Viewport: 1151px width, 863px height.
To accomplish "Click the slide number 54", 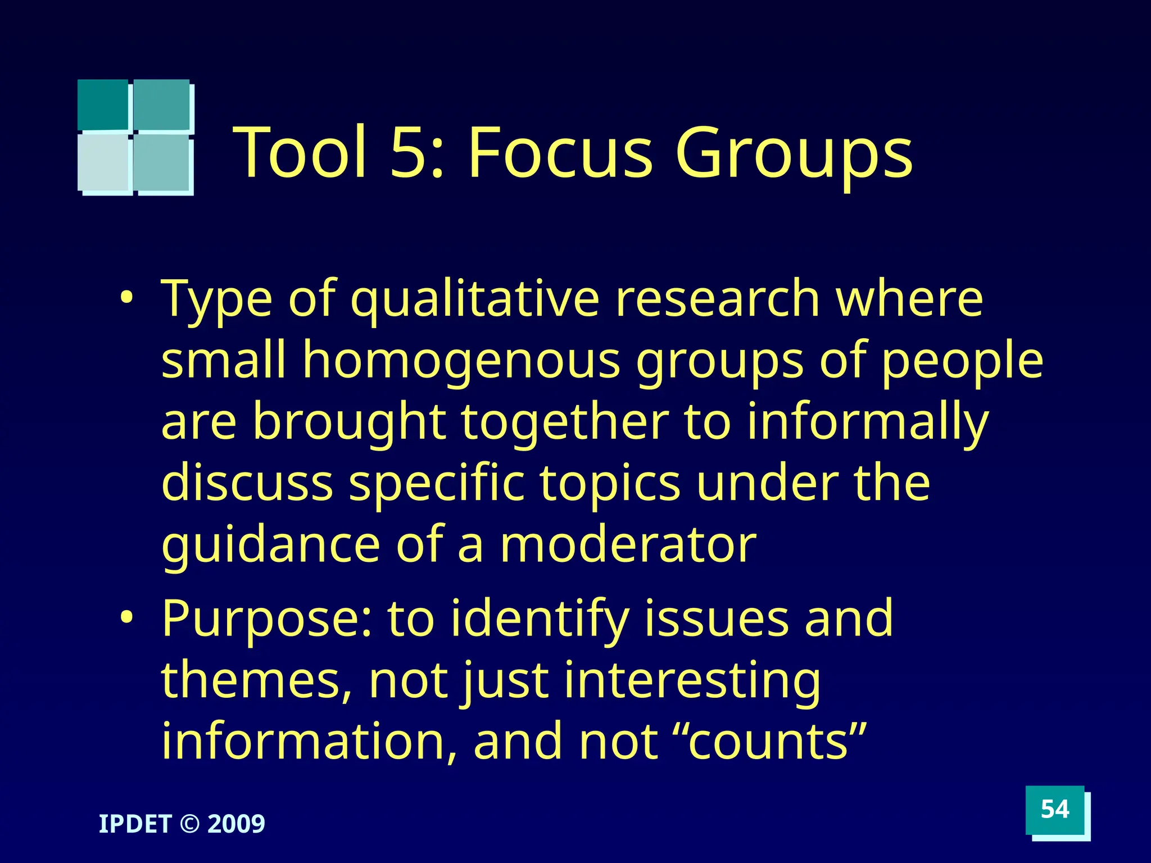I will [1054, 810].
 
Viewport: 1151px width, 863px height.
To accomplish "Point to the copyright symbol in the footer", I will [189, 824].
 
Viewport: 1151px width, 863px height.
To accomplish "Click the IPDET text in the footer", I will [135, 824].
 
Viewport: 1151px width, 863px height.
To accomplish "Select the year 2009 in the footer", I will [236, 824].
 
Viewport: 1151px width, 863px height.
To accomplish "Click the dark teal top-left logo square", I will [103, 105].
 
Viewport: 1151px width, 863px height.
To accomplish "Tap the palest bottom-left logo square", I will [104, 163].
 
